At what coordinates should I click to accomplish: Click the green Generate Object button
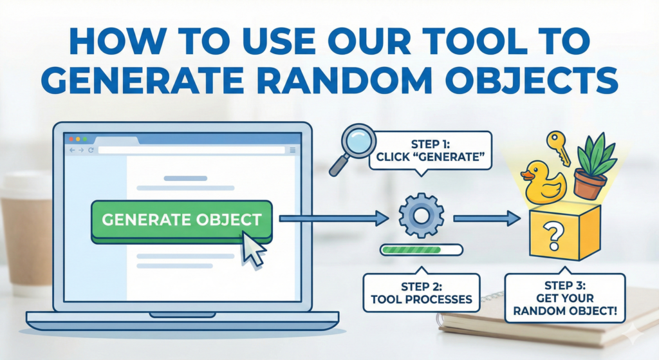pos(181,220)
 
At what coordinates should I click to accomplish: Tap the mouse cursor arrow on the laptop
pos(253,250)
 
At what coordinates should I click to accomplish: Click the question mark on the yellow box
pos(553,233)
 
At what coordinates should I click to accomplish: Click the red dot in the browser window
pos(70,139)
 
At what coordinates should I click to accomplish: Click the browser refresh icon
pos(91,150)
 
